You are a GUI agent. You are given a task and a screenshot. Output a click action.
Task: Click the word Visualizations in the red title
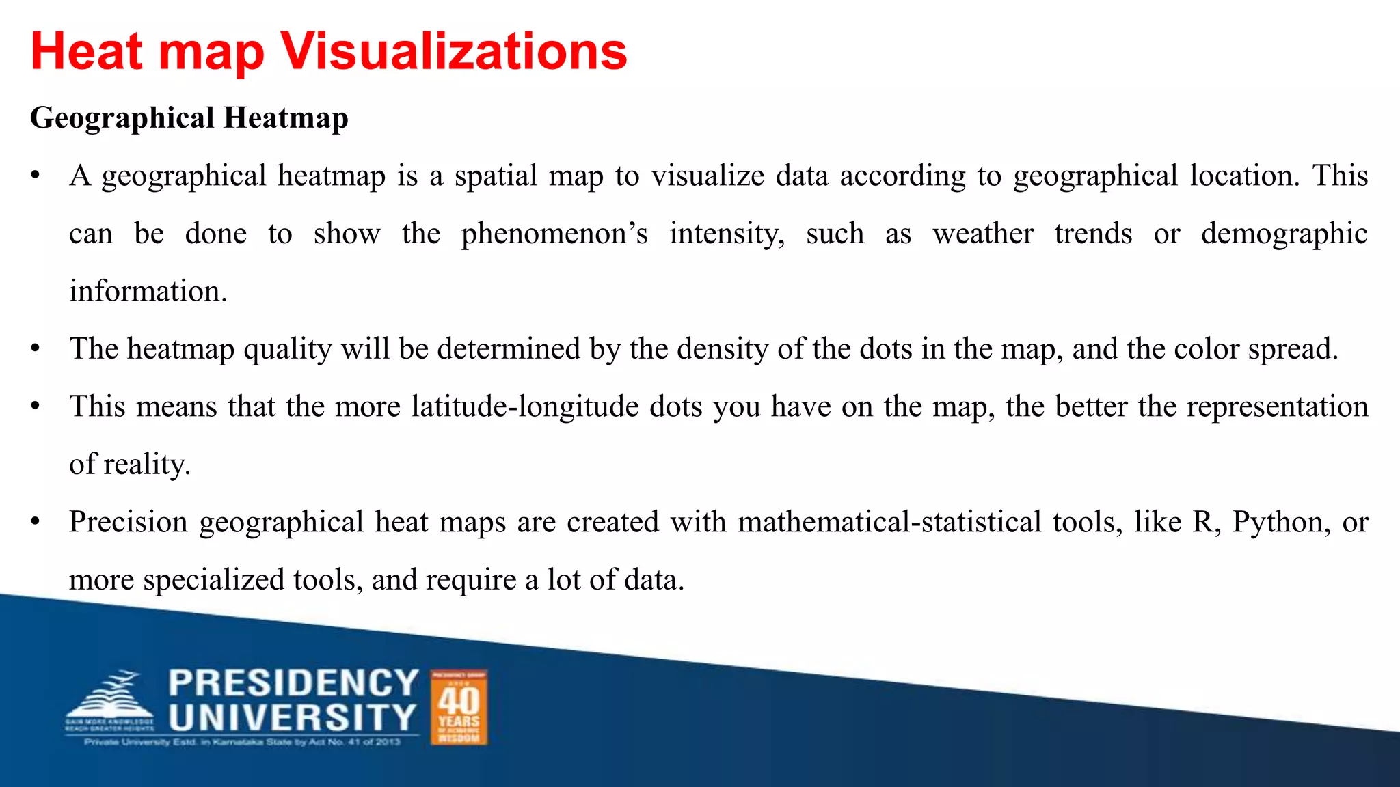pyautogui.click(x=454, y=52)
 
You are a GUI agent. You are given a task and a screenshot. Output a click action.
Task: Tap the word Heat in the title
pyautogui.click(x=87, y=52)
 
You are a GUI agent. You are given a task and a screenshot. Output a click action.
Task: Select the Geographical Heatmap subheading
pyautogui.click(x=189, y=118)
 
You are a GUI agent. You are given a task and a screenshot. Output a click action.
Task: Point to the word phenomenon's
pyautogui.click(x=554, y=234)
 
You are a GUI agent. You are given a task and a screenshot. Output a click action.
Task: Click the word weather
pyautogui.click(x=983, y=234)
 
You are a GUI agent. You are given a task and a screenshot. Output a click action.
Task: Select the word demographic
pyautogui.click(x=1284, y=234)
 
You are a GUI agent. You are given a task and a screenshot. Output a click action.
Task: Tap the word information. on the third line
pyautogui.click(x=148, y=292)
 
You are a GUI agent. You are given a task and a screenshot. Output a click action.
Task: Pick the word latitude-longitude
pyautogui.click(x=557, y=407)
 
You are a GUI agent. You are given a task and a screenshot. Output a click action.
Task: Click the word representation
pyautogui.click(x=1277, y=407)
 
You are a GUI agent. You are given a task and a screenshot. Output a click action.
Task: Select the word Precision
pyautogui.click(x=129, y=523)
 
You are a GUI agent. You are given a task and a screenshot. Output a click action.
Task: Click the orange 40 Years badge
pyautogui.click(x=459, y=707)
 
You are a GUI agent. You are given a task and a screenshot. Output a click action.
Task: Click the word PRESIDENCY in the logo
pyautogui.click(x=293, y=683)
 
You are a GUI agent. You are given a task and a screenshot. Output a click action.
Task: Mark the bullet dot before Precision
pyautogui.click(x=36, y=523)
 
